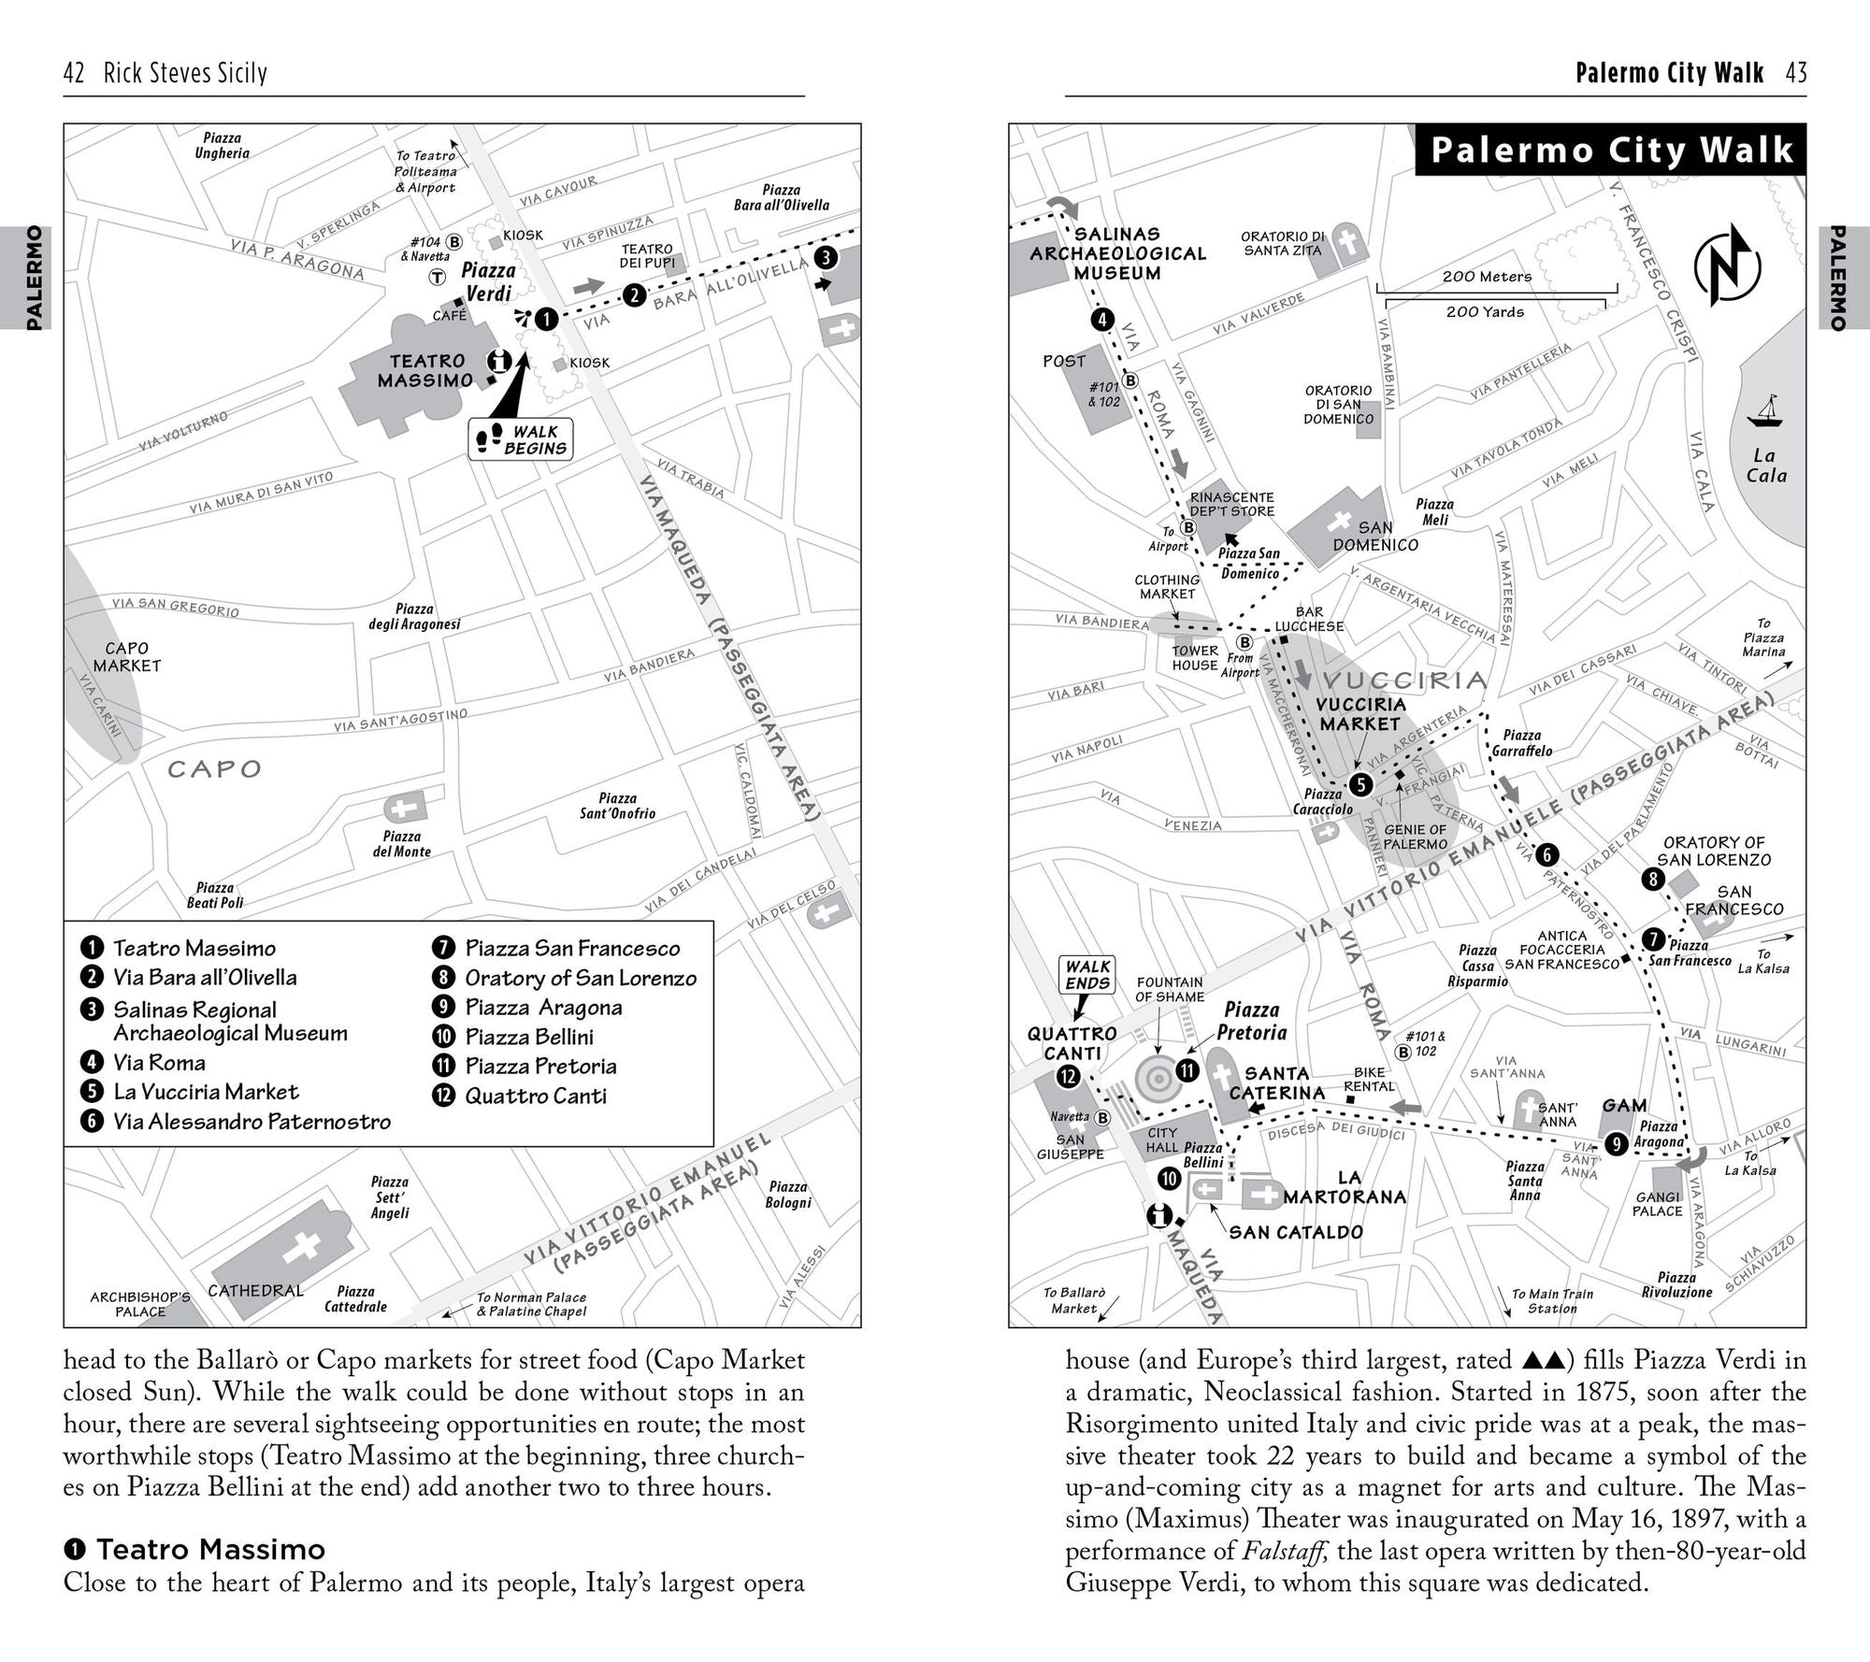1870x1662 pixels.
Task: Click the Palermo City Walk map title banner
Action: click(x=1610, y=150)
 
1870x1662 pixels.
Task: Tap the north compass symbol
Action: click(x=1727, y=267)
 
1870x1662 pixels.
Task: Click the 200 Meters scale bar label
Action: click(x=1487, y=277)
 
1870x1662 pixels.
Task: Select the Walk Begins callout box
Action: click(x=521, y=439)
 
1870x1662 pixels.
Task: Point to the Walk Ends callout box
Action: click(x=1087, y=974)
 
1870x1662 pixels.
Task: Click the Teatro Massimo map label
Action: click(x=425, y=371)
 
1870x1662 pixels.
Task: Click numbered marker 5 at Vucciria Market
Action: click(x=1360, y=784)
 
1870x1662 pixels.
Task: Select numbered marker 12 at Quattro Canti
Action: click(x=1068, y=1077)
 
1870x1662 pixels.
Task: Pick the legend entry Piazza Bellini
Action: click(x=529, y=1037)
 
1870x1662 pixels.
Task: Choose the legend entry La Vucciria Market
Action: click(x=206, y=1092)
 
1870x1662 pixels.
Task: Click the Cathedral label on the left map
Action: click(x=255, y=1291)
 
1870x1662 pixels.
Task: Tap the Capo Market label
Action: click(x=127, y=657)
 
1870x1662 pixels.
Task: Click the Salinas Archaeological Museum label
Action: click(x=1117, y=253)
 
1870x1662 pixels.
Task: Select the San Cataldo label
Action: click(x=1296, y=1233)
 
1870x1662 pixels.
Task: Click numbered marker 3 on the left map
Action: click(x=826, y=258)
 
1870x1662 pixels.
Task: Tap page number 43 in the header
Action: click(x=1796, y=73)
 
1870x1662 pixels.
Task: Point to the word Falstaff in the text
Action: click(x=1285, y=1551)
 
